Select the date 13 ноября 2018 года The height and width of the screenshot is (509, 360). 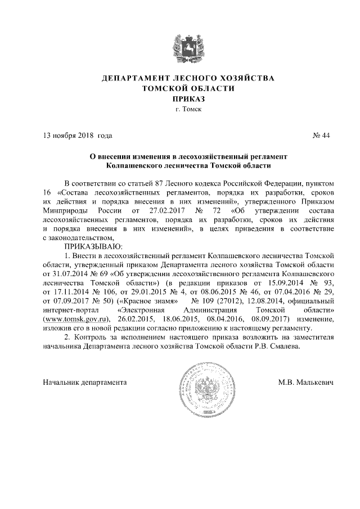click(78, 136)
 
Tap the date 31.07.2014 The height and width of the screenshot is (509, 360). click(67, 273)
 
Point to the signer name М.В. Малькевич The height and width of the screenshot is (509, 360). click(306, 382)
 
